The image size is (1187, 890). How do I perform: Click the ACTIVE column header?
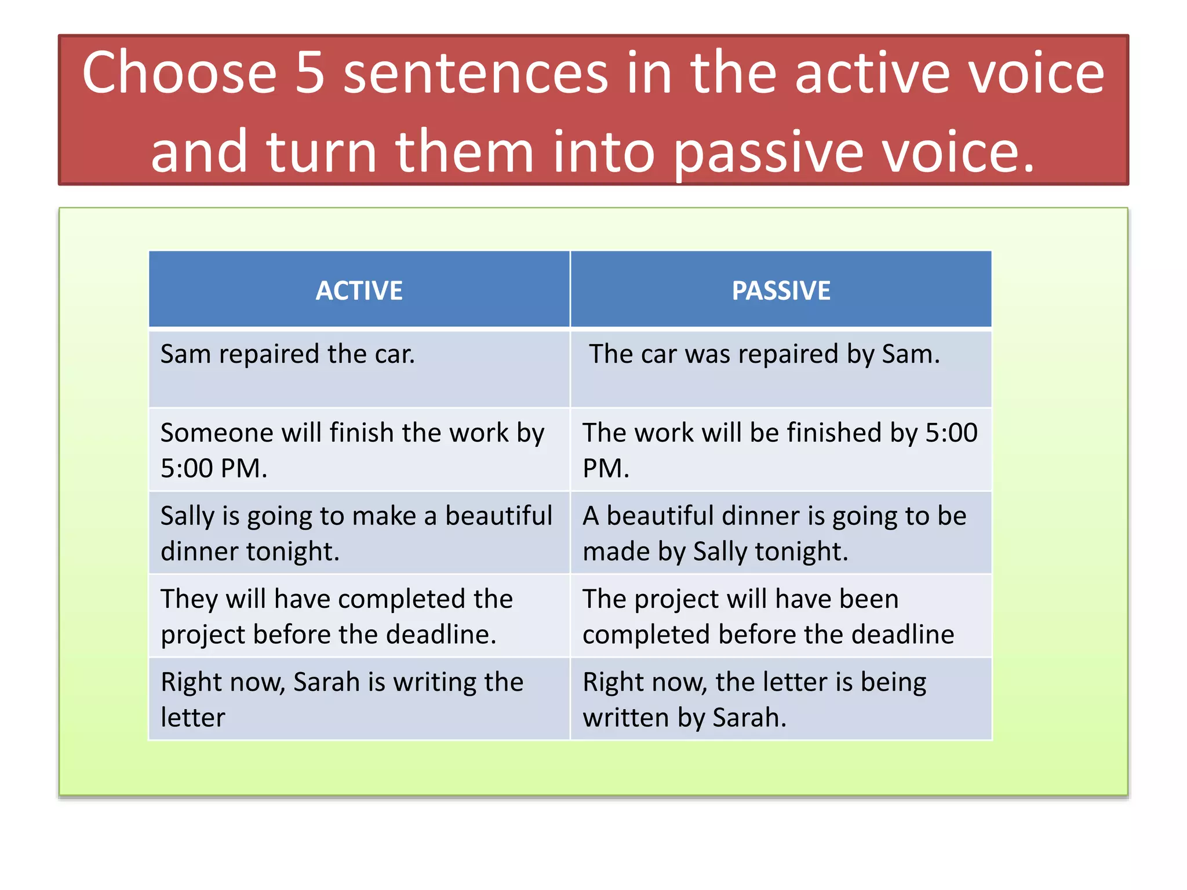click(359, 290)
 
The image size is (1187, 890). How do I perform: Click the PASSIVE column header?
click(781, 290)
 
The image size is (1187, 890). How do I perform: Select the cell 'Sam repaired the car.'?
click(287, 354)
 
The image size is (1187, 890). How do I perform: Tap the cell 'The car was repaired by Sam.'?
click(764, 354)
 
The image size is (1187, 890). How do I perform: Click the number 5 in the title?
click(310, 73)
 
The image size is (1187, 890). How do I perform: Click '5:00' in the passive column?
click(951, 433)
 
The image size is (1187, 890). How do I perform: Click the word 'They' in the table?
click(189, 599)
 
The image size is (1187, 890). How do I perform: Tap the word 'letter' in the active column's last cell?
click(192, 718)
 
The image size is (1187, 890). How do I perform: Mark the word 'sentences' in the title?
click(475, 73)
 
